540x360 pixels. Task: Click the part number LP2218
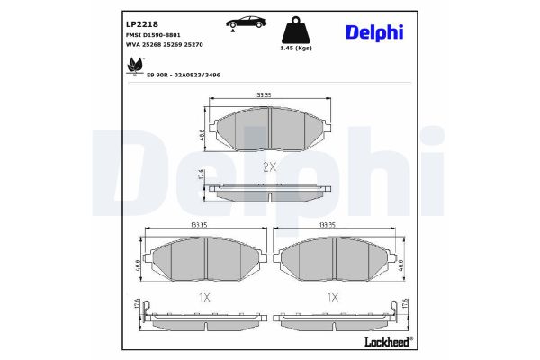coord(142,24)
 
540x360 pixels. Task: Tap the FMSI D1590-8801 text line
coord(153,35)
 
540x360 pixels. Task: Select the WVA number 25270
coord(193,45)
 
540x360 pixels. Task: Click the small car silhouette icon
coord(247,22)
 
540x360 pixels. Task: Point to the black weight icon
coord(296,30)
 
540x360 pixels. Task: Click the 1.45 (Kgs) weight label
coord(296,49)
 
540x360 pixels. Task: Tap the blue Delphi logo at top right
coord(374,32)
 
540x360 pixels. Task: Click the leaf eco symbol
coord(135,66)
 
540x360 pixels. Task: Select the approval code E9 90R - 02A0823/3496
coord(184,75)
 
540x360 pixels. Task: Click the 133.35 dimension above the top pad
coord(262,95)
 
